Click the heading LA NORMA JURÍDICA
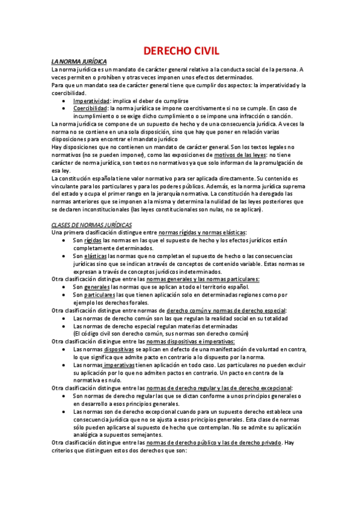pyautogui.click(x=79, y=62)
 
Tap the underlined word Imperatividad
pyautogui.click(x=91, y=101)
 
